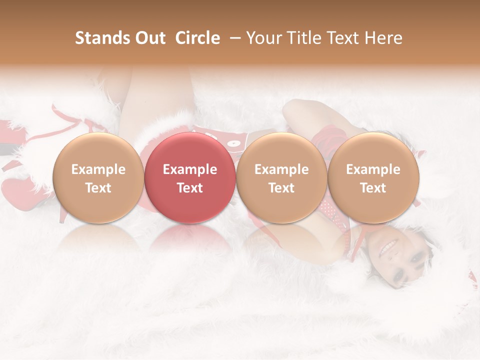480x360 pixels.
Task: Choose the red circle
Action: point(190,178)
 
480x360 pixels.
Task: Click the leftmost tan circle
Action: point(98,178)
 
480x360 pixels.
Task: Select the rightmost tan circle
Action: point(373,178)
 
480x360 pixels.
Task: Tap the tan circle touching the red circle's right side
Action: point(281,178)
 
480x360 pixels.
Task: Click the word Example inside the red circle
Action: point(190,169)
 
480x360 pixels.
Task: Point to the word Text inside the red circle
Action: point(190,188)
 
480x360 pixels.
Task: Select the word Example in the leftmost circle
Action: point(98,169)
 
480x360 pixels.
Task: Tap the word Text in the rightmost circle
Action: point(373,188)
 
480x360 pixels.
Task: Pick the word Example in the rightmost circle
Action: point(373,169)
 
